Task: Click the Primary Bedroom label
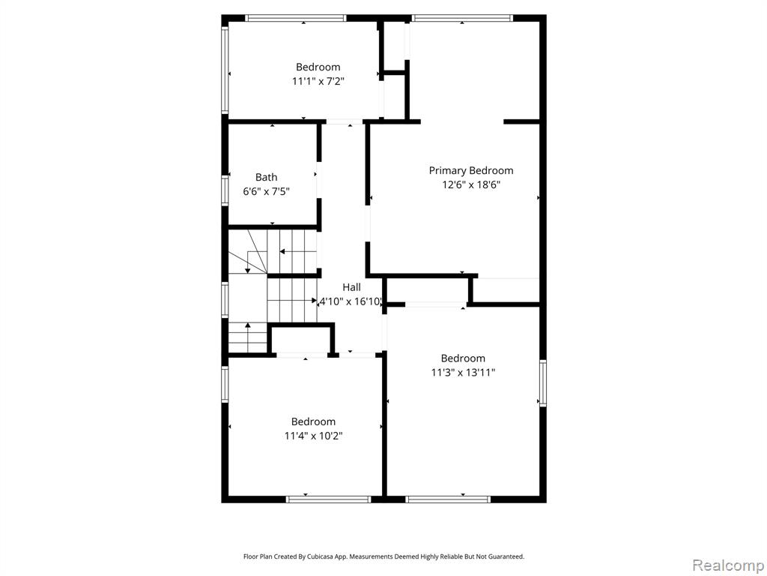click(x=471, y=170)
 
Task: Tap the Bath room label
click(x=266, y=177)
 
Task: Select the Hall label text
click(x=351, y=287)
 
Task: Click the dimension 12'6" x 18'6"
click(x=471, y=184)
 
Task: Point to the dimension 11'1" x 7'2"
click(x=318, y=81)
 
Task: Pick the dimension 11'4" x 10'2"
click(x=313, y=436)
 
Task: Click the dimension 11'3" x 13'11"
click(x=463, y=372)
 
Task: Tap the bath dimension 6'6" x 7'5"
click(x=266, y=191)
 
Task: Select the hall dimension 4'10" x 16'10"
click(x=351, y=301)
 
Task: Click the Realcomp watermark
click(x=728, y=565)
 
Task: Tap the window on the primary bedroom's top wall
click(x=462, y=18)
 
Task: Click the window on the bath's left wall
click(x=225, y=190)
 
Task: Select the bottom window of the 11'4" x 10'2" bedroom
click(x=329, y=499)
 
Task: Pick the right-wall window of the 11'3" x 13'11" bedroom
click(x=542, y=383)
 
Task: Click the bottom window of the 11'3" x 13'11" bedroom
click(x=448, y=499)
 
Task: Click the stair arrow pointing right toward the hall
click(x=293, y=300)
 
